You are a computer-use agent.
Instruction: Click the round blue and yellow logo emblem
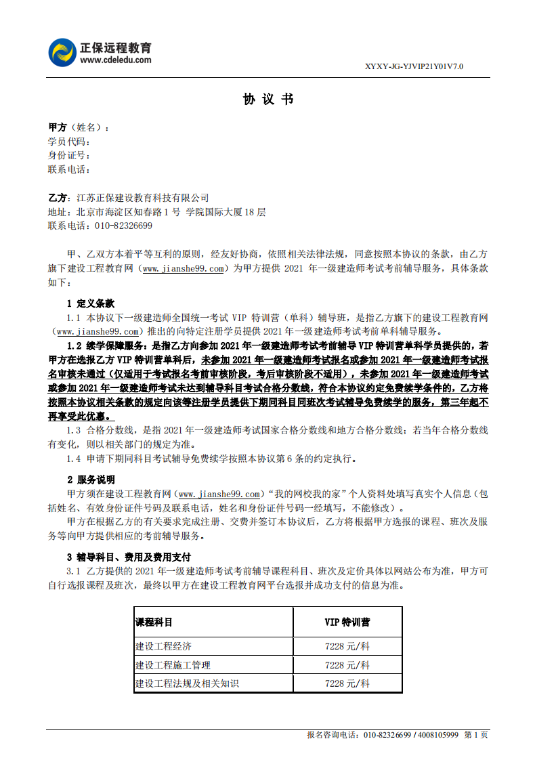point(62,53)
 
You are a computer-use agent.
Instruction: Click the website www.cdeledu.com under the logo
point(116,60)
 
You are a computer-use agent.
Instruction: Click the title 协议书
point(267,100)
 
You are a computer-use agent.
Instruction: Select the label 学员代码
point(67,142)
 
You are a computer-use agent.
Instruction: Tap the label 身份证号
point(67,156)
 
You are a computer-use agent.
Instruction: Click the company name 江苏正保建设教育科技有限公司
point(143,198)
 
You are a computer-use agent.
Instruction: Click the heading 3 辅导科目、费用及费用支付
point(129,557)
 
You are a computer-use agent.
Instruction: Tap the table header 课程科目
point(154,622)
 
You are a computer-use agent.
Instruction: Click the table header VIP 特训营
point(347,622)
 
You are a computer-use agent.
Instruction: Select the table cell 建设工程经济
point(164,646)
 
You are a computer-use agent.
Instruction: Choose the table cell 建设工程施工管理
point(173,665)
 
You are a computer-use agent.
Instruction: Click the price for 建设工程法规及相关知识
point(347,683)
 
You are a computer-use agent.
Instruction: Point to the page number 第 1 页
point(475,735)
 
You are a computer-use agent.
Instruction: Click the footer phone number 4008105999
point(437,735)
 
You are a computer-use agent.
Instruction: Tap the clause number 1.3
point(74,431)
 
